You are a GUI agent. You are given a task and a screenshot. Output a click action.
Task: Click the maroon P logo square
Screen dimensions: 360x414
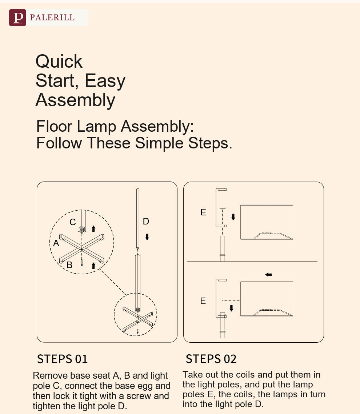pos(17,18)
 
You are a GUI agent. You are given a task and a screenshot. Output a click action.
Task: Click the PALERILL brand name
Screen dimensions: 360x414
pos(52,17)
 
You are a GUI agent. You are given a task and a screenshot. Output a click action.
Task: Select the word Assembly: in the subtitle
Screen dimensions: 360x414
pos(157,127)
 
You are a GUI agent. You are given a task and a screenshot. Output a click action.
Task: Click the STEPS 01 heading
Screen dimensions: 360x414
pos(62,359)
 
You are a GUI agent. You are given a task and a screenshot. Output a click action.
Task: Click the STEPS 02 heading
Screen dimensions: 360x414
pos(211,359)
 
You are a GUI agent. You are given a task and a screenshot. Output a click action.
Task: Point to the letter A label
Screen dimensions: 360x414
pos(56,243)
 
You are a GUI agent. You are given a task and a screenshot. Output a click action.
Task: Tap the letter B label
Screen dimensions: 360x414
pos(69,265)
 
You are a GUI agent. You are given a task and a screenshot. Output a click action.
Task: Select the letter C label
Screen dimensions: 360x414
pos(73,222)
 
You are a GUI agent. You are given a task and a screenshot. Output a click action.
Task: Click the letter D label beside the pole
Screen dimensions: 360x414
pos(146,221)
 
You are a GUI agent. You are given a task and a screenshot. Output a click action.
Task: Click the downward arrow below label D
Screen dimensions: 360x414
pos(147,237)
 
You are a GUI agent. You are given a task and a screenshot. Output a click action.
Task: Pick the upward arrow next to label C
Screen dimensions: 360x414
pos(93,229)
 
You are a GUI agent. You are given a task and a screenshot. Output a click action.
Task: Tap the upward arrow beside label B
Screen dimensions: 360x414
pos(93,266)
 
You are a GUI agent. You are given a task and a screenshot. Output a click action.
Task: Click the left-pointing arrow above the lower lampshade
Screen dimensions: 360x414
pos(268,275)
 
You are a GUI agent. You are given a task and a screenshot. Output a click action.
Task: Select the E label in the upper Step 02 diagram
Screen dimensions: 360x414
pos(203,212)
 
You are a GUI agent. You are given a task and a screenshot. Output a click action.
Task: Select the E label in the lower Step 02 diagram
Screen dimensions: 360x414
pos(203,301)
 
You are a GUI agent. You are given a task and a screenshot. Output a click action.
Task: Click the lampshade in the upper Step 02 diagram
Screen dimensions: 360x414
pos(267,222)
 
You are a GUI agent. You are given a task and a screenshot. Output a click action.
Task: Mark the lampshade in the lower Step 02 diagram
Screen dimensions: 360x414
pos(267,299)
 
